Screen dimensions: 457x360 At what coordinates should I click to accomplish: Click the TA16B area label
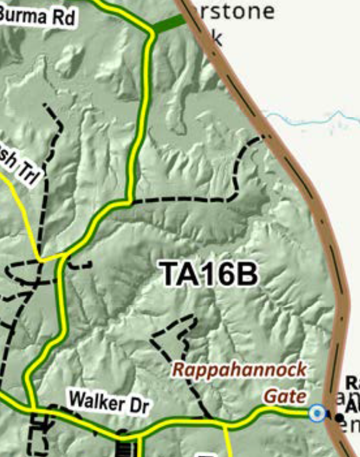tap(209, 274)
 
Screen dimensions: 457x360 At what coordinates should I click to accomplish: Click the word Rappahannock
tap(239, 370)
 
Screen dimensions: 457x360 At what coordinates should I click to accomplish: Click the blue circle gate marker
tap(318, 413)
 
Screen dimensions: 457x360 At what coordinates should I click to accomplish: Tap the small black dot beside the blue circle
tap(339, 417)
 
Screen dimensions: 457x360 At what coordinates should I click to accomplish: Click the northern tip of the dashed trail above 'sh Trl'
tap(45, 105)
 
